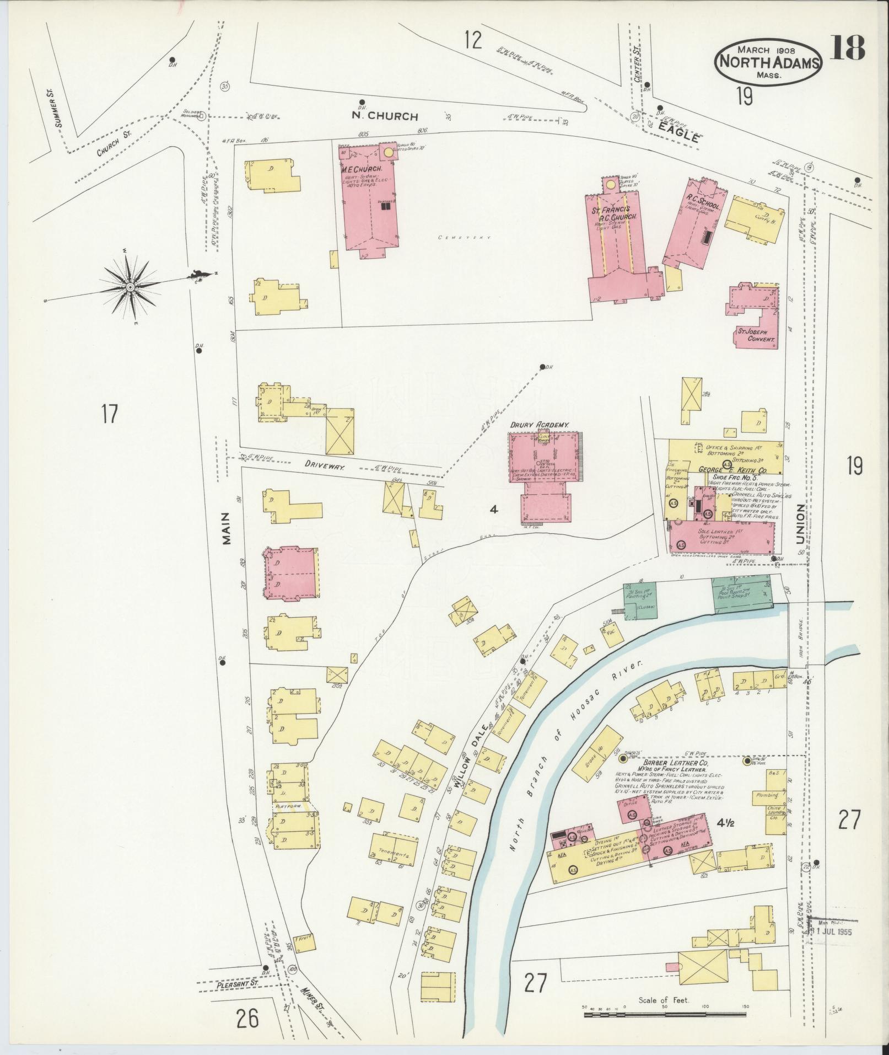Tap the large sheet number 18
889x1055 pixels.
(847, 49)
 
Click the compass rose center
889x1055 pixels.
(130, 287)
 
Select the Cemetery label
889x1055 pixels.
(464, 237)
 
